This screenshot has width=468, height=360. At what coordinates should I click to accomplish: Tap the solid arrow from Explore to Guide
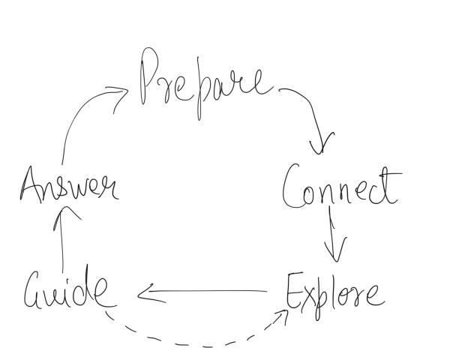pos(202,291)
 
